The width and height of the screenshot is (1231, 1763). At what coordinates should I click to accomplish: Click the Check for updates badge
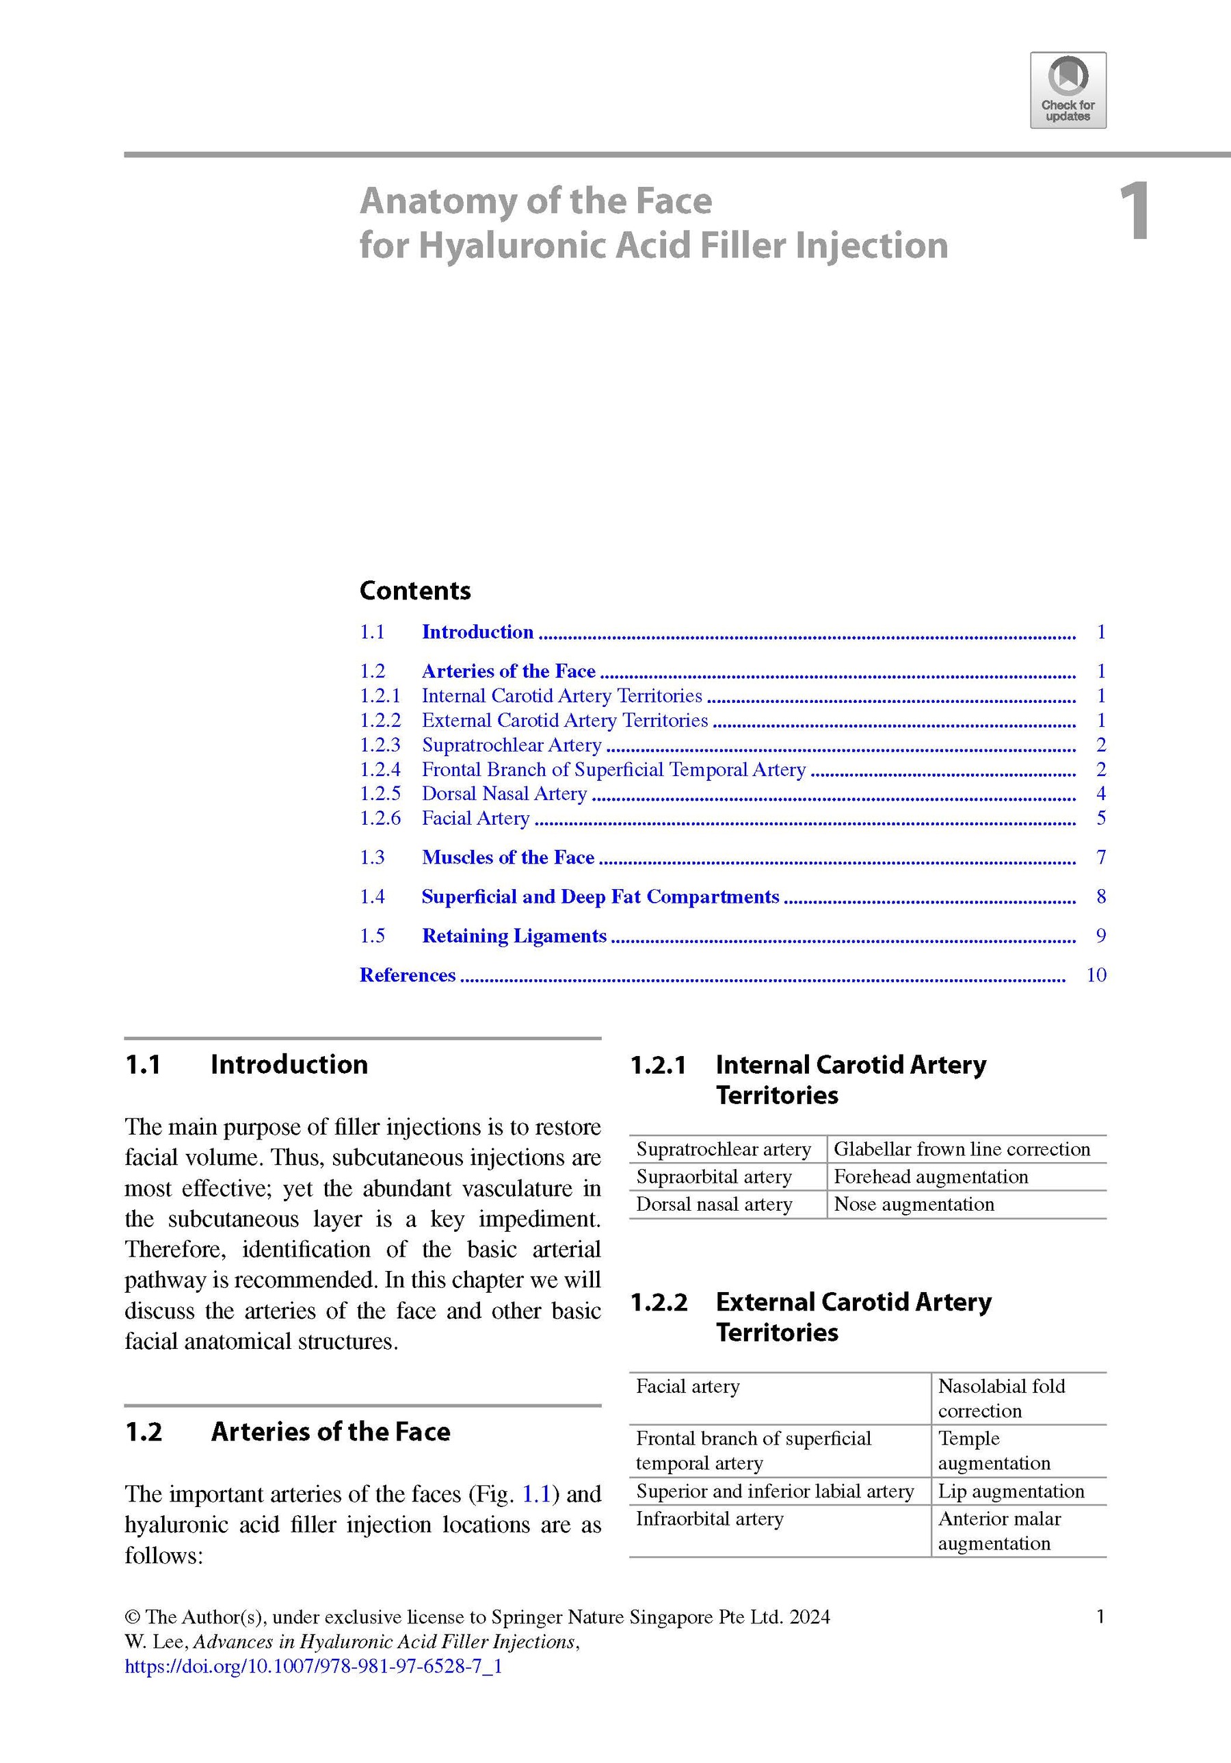[x=1068, y=90]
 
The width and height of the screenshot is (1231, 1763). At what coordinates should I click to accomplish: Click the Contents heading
[x=415, y=591]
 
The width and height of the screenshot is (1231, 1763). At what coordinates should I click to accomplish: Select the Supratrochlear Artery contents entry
[x=511, y=745]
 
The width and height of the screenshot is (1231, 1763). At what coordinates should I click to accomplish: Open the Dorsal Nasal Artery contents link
[x=504, y=793]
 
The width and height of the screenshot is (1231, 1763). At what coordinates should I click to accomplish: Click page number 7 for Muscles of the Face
[x=1101, y=857]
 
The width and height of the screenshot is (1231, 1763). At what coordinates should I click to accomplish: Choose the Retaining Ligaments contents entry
[x=514, y=936]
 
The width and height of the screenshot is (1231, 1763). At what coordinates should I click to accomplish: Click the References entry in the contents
[x=408, y=975]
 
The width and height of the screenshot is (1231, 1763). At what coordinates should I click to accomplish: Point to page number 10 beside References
[x=1096, y=975]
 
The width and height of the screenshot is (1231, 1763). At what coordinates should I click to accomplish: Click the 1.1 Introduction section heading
[x=289, y=1064]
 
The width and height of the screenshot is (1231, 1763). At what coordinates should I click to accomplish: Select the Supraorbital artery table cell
[x=714, y=1176]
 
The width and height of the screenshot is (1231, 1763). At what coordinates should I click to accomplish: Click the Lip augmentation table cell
[x=1011, y=1491]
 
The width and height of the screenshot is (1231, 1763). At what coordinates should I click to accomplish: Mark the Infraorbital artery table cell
[x=710, y=1519]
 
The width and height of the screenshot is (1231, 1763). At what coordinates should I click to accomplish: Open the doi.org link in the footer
[x=313, y=1666]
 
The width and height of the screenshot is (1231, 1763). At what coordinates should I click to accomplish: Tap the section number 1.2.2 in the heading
[x=659, y=1302]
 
